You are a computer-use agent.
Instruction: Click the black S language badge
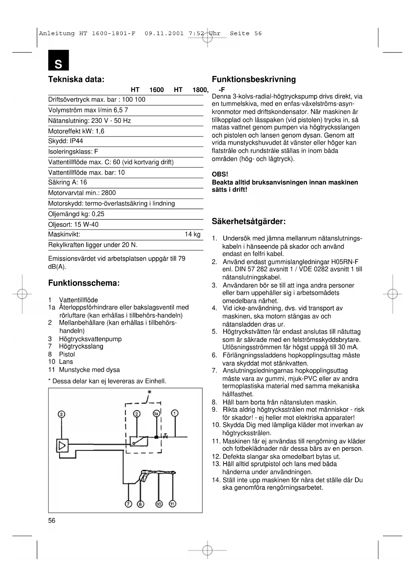[59, 61]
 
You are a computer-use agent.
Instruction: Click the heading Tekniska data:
[76, 80]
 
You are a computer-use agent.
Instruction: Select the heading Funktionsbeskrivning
[254, 80]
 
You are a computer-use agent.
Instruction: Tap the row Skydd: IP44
[66, 141]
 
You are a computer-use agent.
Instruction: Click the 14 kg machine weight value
[193, 235]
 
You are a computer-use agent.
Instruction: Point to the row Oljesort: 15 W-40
[73, 225]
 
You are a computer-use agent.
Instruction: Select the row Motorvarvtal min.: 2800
[82, 193]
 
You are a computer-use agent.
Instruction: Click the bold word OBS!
[220, 174]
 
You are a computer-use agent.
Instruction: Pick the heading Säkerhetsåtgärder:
[249, 222]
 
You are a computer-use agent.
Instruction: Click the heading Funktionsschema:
[84, 283]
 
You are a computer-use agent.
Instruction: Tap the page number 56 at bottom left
[52, 520]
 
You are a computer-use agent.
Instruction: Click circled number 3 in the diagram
[61, 414]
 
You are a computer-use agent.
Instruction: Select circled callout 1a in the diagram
[156, 414]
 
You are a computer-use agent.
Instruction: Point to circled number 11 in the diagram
[173, 504]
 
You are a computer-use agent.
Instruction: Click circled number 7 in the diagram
[128, 504]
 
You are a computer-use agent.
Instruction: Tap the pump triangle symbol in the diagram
[62, 446]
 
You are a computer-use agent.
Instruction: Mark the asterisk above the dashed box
[149, 392]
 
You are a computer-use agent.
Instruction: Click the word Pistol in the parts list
[67, 354]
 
